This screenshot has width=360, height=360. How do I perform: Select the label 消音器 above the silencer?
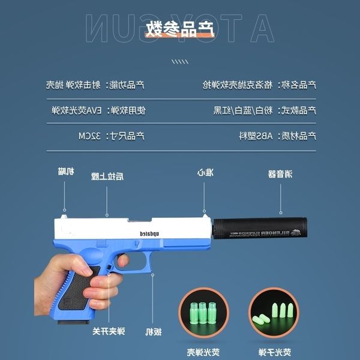[280, 175]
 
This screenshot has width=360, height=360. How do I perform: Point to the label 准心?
[206, 173]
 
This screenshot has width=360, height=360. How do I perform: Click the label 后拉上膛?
[112, 175]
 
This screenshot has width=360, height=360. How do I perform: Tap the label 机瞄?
[66, 172]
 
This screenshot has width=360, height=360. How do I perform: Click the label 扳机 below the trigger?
[153, 332]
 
